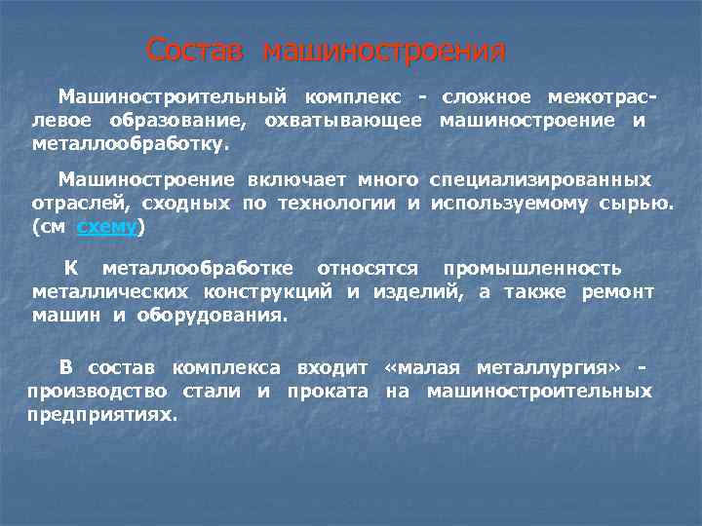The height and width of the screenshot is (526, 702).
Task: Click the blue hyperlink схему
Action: coord(107,227)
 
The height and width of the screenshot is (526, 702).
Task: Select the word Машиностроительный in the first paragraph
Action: coord(172,96)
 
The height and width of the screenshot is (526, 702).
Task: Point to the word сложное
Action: coord(487,96)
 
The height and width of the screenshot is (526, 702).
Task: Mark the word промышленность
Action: coord(532,268)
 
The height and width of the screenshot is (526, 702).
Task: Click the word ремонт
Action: coord(620,291)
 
